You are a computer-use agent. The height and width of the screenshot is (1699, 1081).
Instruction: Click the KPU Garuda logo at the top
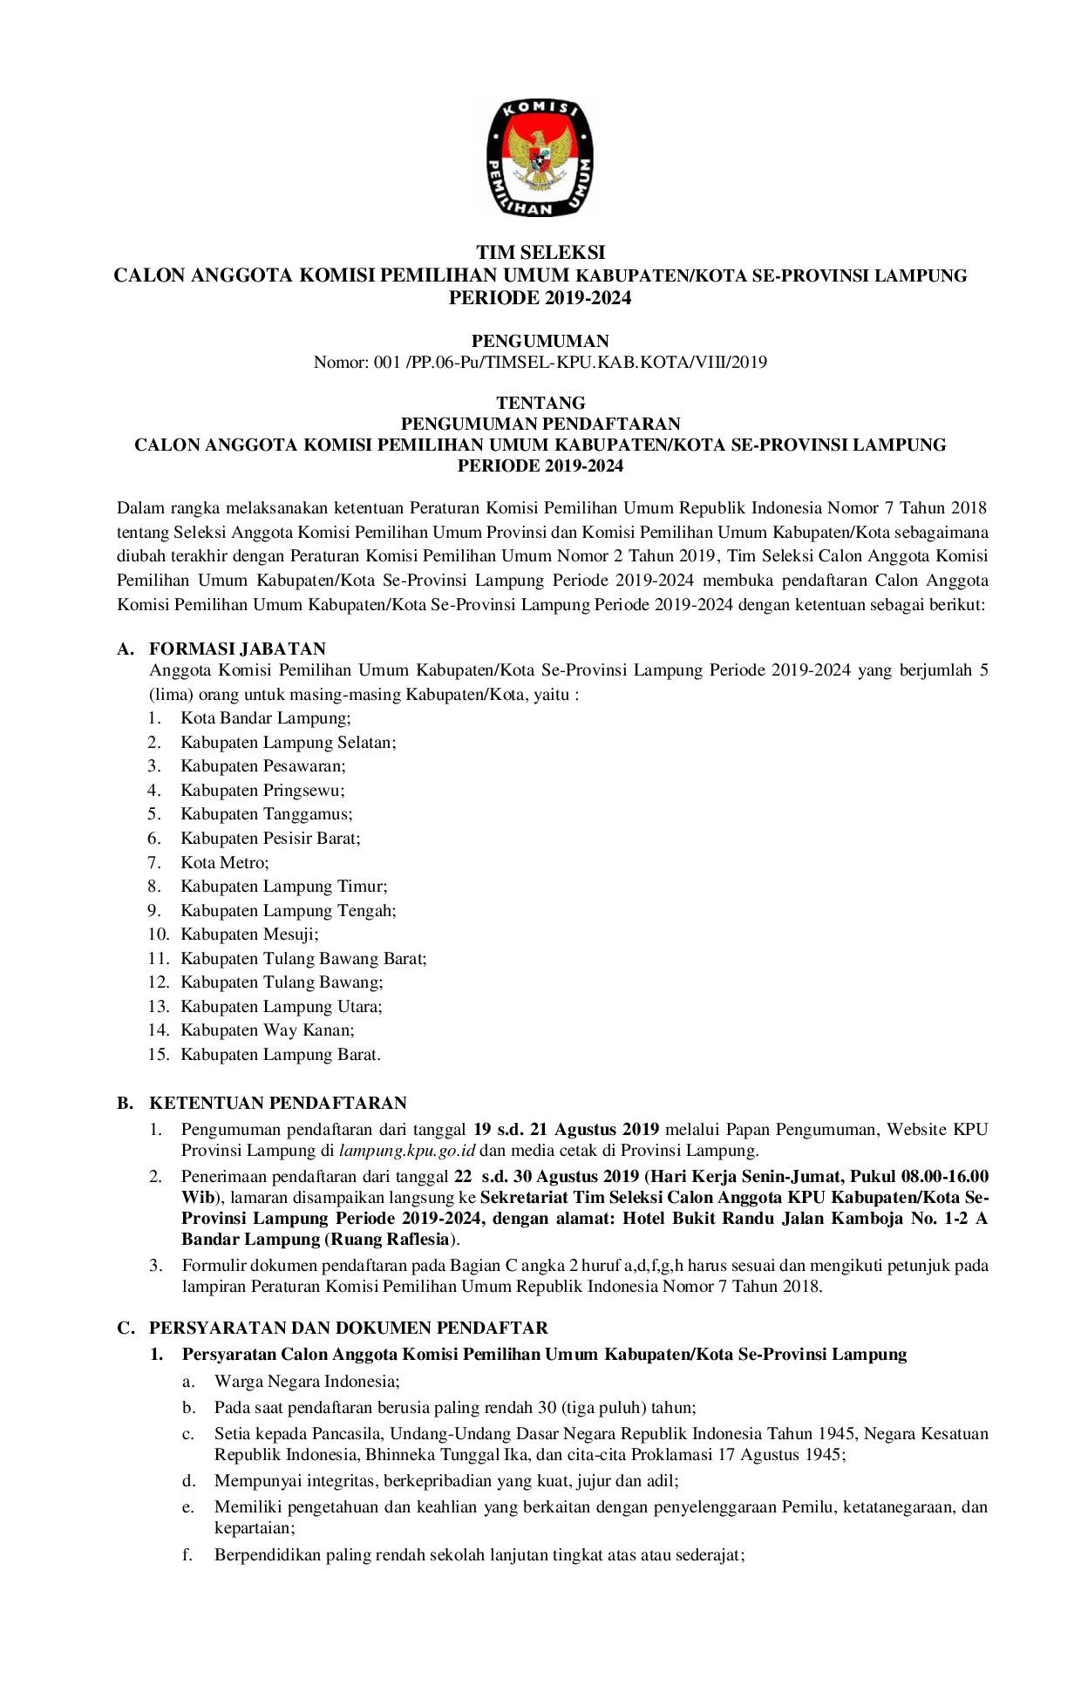pos(540,158)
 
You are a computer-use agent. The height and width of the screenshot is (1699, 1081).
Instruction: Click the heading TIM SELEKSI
pos(540,253)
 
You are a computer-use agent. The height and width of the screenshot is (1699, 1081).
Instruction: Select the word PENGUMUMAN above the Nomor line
pos(540,340)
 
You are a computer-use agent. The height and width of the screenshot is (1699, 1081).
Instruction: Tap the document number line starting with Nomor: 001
pos(540,362)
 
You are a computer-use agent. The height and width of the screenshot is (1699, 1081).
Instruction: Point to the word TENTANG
pos(540,403)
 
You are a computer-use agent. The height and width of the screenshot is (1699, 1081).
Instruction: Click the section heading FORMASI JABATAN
pos(237,649)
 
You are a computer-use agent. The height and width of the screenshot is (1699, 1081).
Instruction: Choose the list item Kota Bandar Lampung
pos(265,718)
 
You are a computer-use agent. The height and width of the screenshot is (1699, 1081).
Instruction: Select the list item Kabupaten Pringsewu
pos(262,791)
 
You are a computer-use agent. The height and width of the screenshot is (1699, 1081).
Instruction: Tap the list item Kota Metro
pos(225,862)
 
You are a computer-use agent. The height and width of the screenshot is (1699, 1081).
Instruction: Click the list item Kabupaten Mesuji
pos(249,934)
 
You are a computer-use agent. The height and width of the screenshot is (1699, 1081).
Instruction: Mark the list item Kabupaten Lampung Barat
pos(280,1055)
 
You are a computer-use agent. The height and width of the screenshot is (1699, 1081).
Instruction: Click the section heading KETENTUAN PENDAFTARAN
pos(278,1103)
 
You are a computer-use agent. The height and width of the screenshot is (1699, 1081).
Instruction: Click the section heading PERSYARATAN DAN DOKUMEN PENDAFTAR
pos(349,1328)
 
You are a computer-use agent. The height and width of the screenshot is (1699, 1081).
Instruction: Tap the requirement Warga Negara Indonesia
pos(307,1382)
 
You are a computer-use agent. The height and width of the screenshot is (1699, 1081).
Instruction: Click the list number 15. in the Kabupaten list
pos(158,1055)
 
